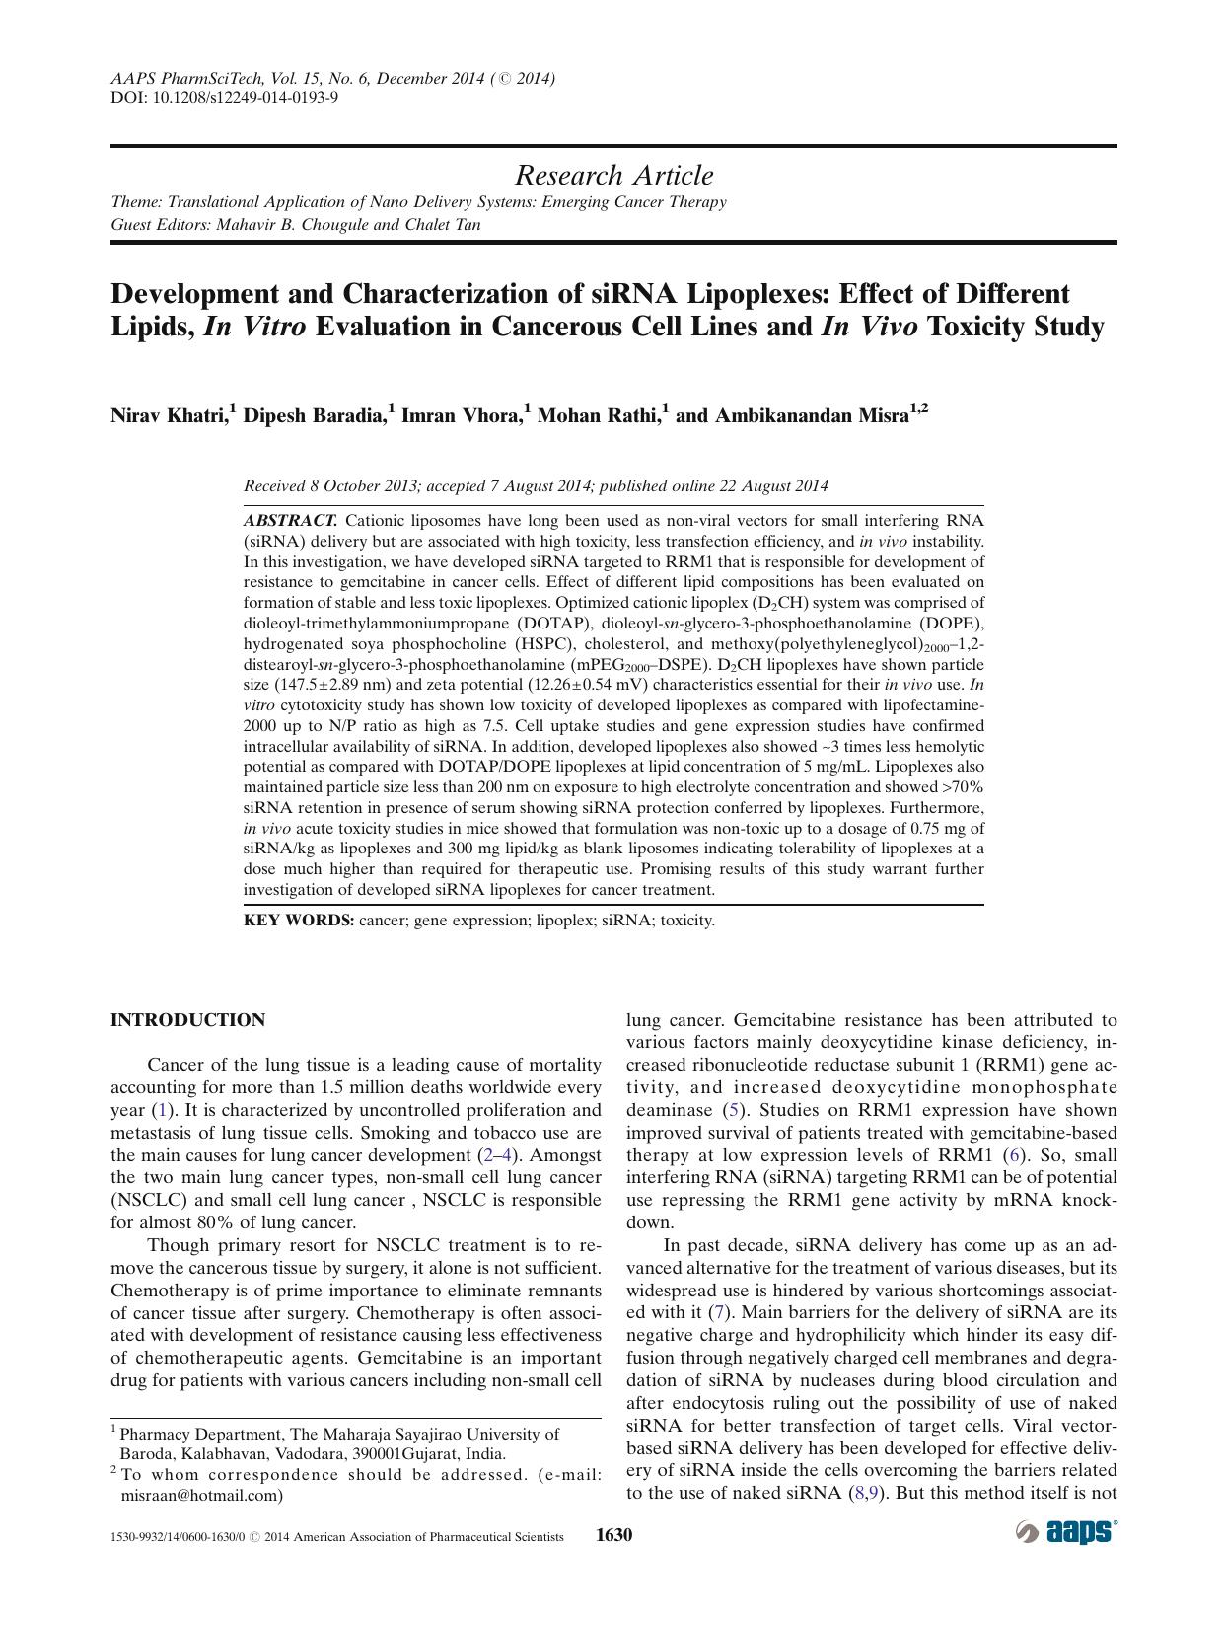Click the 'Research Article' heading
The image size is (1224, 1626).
(x=613, y=176)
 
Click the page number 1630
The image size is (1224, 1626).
(x=613, y=1535)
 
